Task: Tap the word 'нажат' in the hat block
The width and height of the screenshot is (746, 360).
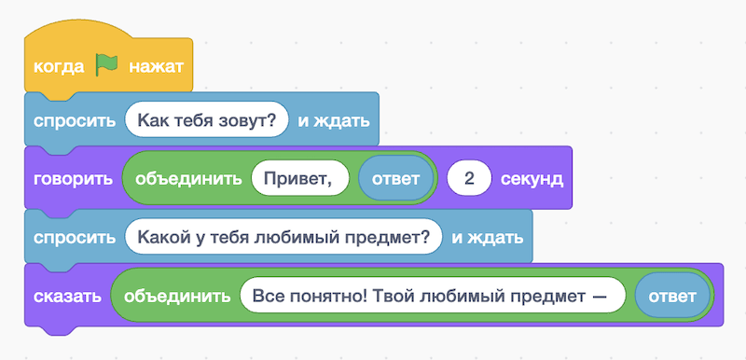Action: [x=156, y=67]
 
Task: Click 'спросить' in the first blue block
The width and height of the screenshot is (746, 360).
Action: [x=74, y=120]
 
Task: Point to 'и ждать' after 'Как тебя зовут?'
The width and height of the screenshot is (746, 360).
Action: [x=333, y=120]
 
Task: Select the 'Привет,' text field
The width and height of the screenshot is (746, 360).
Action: [x=298, y=178]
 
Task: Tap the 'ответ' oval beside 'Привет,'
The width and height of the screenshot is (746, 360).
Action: [x=396, y=178]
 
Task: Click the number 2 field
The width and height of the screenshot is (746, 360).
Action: [x=471, y=178]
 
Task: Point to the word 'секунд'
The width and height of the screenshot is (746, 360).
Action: [x=532, y=178]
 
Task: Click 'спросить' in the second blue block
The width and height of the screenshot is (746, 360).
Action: [x=74, y=237]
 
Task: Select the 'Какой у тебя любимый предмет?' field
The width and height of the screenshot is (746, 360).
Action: [x=283, y=237]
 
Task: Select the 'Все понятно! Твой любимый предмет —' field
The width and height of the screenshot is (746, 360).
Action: [x=432, y=297]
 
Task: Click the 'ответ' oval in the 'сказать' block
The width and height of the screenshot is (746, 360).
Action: [x=671, y=297]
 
